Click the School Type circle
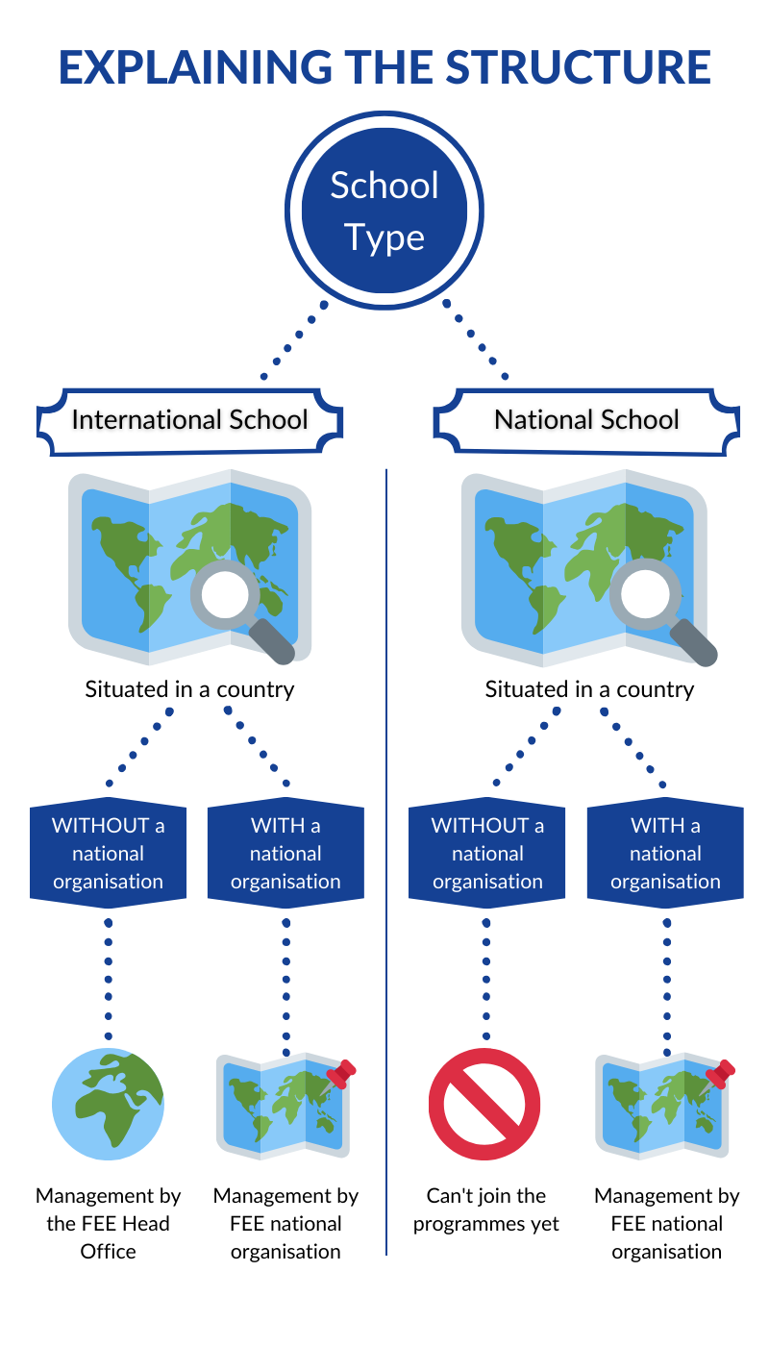pos(384,211)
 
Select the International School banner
pos(189,420)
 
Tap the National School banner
pos(586,420)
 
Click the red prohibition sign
pos(484,1104)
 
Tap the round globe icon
pos(108,1104)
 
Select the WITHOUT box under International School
pos(108,853)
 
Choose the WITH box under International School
pos(285,853)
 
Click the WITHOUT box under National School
pos(487,853)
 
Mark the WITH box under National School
pos(665,853)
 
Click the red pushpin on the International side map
pos(341,1071)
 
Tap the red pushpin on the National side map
pos(721,1071)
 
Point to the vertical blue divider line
pos(385,865)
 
